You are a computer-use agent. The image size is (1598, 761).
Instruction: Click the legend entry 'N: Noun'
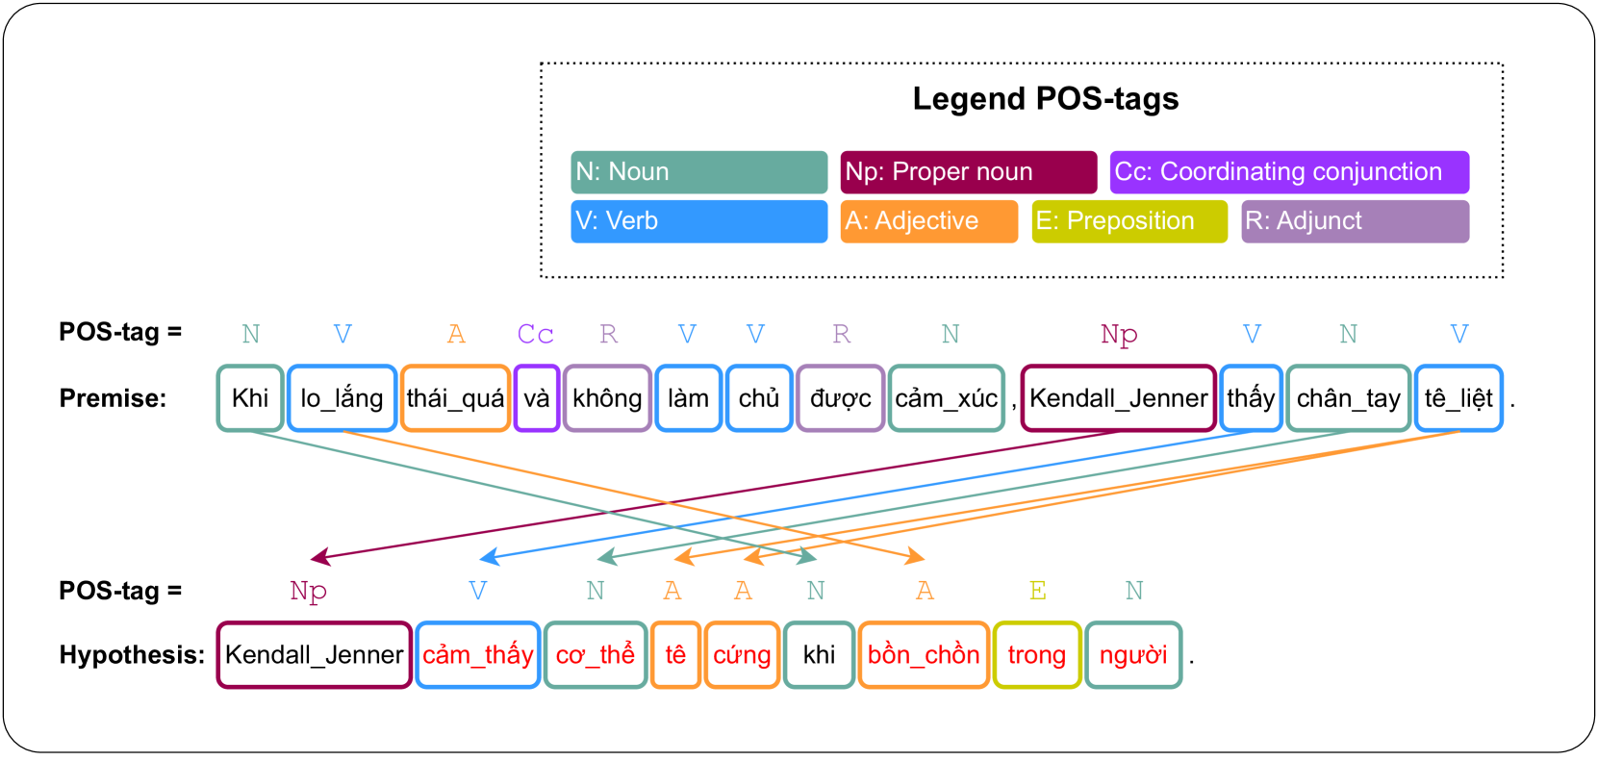click(x=698, y=172)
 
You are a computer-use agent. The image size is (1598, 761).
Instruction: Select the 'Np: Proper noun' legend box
click(x=968, y=172)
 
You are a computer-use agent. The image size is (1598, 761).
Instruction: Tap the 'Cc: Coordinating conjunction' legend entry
click(x=1289, y=172)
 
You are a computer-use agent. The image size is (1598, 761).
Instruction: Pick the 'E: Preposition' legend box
click(x=1129, y=221)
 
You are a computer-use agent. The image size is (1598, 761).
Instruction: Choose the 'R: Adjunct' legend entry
click(x=1355, y=221)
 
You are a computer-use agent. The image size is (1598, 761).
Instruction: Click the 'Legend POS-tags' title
click(x=1045, y=99)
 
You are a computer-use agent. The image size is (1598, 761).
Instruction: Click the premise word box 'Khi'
click(x=250, y=398)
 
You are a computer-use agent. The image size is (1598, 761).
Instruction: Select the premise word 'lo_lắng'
click(x=342, y=398)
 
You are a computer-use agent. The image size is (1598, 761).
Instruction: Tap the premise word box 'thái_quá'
click(x=455, y=398)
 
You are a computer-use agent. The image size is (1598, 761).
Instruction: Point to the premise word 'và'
click(x=537, y=398)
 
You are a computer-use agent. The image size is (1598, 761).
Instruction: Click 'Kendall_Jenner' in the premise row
click(x=1118, y=398)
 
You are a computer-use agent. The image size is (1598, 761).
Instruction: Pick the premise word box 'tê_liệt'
click(x=1458, y=398)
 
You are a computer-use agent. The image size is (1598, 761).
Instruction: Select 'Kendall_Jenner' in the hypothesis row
click(x=315, y=655)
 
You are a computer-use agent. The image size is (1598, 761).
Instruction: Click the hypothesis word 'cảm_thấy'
click(x=478, y=655)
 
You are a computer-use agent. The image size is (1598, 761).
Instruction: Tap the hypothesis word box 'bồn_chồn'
click(x=924, y=655)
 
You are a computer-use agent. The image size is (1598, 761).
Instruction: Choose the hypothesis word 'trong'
click(x=1036, y=655)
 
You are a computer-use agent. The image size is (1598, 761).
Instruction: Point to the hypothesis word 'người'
click(x=1133, y=655)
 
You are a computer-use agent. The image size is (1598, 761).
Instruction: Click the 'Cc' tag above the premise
click(x=535, y=334)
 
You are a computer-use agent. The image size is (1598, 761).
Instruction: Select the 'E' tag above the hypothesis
click(x=1037, y=591)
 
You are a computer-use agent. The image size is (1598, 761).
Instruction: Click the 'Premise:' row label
click(x=113, y=398)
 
